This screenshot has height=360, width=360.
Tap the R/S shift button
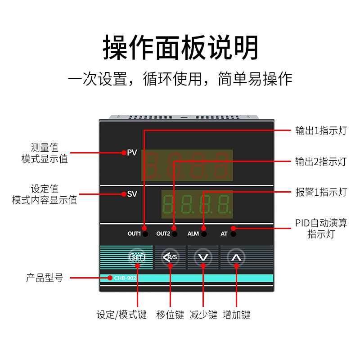point(170,257)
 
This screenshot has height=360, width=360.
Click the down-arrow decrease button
point(203,257)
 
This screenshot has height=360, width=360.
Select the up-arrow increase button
point(236,257)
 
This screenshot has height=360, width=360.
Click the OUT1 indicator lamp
point(145,234)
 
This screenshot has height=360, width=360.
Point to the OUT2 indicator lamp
point(175,234)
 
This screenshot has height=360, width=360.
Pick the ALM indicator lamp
point(204,234)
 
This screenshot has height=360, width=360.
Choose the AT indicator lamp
point(233,234)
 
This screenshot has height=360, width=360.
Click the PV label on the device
point(132,153)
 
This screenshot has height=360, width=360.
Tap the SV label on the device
point(132,194)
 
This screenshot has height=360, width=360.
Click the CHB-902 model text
point(125,278)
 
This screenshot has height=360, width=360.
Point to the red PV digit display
point(187,165)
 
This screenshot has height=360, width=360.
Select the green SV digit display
point(197,204)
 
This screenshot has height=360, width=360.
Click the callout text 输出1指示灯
point(321,130)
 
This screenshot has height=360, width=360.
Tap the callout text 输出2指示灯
point(321,162)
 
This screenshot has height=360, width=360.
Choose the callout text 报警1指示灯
point(321,192)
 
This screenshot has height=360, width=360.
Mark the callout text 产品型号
point(45,278)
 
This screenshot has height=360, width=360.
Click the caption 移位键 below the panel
point(170,315)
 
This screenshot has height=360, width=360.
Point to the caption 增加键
point(237,315)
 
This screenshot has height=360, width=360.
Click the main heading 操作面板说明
point(180,48)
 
